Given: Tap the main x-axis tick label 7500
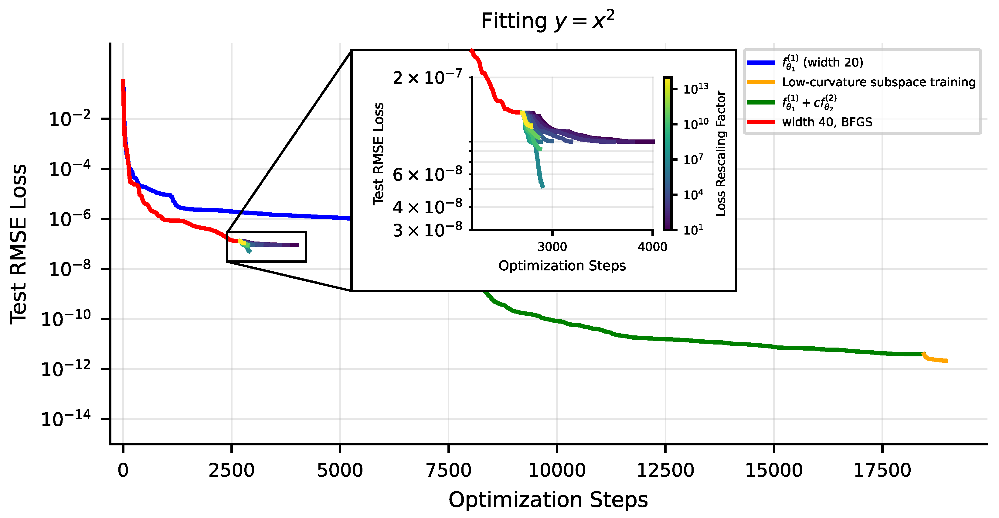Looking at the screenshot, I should point(448,471).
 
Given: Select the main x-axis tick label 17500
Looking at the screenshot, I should point(882,471).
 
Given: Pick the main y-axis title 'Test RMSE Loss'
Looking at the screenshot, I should point(19,245).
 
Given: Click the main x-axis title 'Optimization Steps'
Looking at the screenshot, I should point(548,500).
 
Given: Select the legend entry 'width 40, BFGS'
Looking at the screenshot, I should point(827,122).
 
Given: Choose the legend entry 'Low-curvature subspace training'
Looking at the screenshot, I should point(878,82).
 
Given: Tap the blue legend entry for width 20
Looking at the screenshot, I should point(822,62).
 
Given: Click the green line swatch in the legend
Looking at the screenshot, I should point(760,102).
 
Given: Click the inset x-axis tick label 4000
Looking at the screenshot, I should point(652,247).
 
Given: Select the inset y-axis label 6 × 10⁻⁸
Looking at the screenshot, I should point(427,175).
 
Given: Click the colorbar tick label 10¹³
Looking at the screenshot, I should point(696,89).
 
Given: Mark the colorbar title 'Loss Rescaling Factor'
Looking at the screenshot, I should point(721,153).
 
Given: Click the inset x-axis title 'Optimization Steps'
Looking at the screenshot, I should point(562,266).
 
